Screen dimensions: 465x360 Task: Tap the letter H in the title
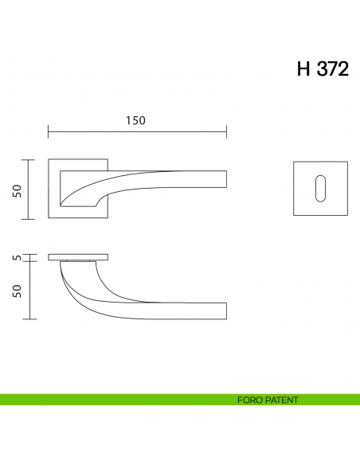(304, 69)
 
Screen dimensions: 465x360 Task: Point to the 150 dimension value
(136, 120)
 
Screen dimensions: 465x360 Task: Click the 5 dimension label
(16, 257)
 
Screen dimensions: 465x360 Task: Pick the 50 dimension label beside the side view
(16, 291)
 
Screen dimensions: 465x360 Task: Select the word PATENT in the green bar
(283, 400)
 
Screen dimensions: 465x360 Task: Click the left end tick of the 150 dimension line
(49, 131)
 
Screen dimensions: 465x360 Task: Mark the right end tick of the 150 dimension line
(227, 131)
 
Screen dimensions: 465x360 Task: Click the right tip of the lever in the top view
(226, 179)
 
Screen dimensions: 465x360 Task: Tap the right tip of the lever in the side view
(226, 311)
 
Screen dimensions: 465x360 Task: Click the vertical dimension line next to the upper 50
(29, 190)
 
